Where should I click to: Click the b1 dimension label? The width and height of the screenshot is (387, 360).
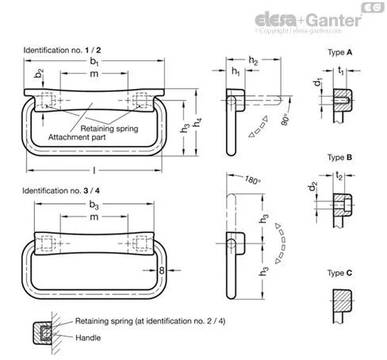(x=94, y=61)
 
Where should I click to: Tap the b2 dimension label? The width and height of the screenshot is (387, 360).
(x=39, y=73)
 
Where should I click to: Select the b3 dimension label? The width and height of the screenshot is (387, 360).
(x=94, y=205)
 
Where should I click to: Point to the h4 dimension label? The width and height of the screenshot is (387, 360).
(x=197, y=122)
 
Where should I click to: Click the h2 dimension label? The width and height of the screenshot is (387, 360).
(x=253, y=60)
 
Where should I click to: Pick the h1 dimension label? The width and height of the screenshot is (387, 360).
(x=236, y=71)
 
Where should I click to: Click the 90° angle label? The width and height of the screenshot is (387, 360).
(x=285, y=120)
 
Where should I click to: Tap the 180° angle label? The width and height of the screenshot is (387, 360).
(x=253, y=180)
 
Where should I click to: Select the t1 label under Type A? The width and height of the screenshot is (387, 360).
(x=341, y=71)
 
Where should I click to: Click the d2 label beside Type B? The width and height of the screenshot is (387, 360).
(x=312, y=186)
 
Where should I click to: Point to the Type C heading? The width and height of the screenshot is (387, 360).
(x=339, y=273)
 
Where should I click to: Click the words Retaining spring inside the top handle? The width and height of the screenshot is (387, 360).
(x=109, y=128)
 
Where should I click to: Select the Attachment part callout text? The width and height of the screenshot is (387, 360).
(x=77, y=137)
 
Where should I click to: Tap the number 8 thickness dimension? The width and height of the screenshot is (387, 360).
(x=162, y=270)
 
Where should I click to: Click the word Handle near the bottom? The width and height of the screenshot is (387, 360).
(x=88, y=338)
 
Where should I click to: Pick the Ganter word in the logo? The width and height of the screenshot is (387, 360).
(x=334, y=20)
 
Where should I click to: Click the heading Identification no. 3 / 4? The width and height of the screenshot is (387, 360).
(x=61, y=190)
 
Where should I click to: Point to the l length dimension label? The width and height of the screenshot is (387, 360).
(x=94, y=170)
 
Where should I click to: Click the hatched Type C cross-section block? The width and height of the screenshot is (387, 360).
(x=343, y=301)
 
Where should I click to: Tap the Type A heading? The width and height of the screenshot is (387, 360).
(x=339, y=52)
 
